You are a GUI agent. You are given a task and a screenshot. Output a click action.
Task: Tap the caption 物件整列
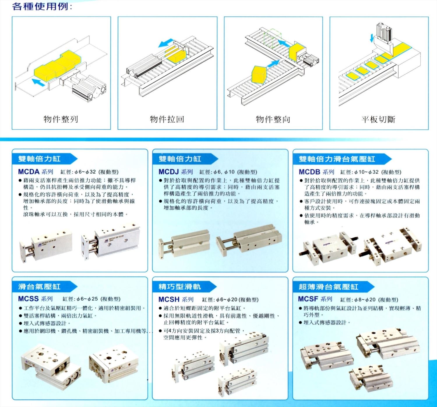pyautogui.click(x=61, y=119)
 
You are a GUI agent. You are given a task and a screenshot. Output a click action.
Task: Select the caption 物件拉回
pyautogui.click(x=167, y=119)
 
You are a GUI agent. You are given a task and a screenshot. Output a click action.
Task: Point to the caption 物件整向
pyautogui.click(x=273, y=119)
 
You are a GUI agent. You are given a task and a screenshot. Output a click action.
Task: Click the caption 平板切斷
pyautogui.click(x=378, y=119)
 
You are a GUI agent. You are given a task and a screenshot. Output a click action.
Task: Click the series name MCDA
pyautogui.click(x=29, y=172)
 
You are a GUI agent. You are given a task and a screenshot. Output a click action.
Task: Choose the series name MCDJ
pyautogui.click(x=169, y=172)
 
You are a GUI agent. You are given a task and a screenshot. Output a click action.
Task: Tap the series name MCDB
pyautogui.click(x=309, y=172)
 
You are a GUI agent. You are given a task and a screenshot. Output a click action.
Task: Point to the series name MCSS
pyautogui.click(x=28, y=299)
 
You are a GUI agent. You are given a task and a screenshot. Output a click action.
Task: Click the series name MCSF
pyautogui.click(x=308, y=299)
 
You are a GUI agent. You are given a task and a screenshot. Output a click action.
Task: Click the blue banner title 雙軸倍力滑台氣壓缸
pyautogui.click(x=337, y=159)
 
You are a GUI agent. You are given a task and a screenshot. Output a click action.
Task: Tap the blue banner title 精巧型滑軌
pyautogui.click(x=180, y=287)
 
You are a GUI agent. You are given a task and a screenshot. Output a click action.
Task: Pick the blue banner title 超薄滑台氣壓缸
pyautogui.click(x=329, y=287)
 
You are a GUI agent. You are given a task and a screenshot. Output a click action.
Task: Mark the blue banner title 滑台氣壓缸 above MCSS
pyautogui.click(x=39, y=287)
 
